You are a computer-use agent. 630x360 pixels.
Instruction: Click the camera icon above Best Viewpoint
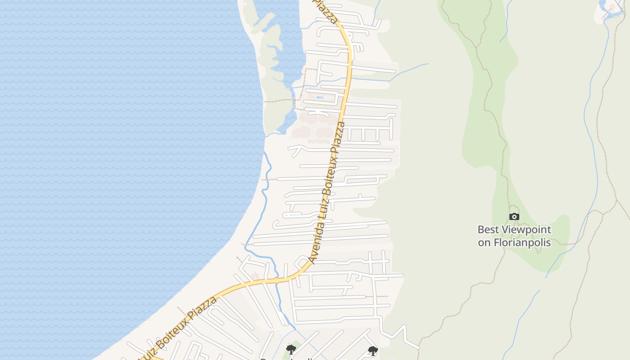click(514, 217)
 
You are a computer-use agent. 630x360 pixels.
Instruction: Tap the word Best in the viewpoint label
click(488, 229)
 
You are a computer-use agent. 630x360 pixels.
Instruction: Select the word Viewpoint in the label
click(526, 230)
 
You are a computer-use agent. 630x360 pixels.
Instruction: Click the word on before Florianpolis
click(484, 242)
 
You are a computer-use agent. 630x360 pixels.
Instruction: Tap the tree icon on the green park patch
click(291, 349)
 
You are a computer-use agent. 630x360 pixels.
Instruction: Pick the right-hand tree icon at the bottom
click(373, 351)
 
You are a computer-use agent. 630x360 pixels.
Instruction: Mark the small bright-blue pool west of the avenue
click(319, 98)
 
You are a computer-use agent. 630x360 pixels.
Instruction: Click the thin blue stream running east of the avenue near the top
click(405, 72)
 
